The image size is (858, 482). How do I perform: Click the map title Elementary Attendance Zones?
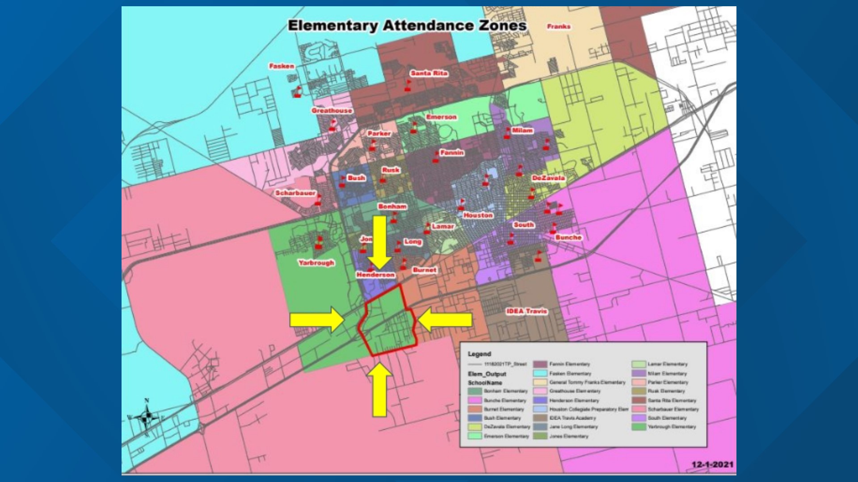407,25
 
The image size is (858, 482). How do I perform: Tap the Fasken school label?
282,66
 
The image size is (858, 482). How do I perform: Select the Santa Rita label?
429,73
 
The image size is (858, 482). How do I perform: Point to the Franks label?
559,26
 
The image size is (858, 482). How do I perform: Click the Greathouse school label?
332,110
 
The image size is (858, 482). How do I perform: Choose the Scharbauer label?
295,193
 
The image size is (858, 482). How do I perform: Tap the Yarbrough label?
316,263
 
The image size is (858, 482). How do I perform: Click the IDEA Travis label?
526,311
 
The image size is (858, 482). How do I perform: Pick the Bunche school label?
568,237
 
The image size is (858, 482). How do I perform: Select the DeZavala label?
548,178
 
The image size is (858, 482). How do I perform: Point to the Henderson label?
375,275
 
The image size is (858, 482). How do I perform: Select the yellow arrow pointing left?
445,320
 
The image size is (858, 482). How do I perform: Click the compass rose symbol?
147,418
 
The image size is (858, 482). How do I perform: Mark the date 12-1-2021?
712,465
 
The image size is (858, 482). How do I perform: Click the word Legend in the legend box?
479,354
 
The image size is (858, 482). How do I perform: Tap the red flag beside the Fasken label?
298,91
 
